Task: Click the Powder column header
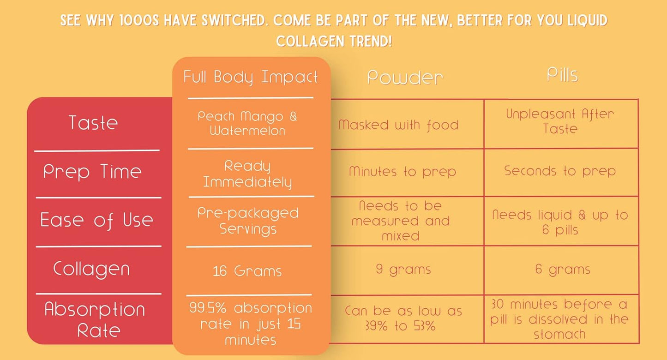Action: click(405, 78)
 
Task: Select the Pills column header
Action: click(562, 75)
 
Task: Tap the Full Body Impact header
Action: click(251, 77)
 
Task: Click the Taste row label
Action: click(93, 123)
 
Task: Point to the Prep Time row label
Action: click(92, 172)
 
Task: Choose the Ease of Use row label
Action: click(96, 220)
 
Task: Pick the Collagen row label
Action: click(91, 269)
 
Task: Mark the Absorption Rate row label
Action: click(94, 319)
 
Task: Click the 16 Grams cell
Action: click(247, 271)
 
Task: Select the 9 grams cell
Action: click(403, 270)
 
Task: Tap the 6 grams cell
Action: click(563, 270)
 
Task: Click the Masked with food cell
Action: click(398, 125)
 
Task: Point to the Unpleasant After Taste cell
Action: click(560, 121)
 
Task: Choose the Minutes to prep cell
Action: click(402, 172)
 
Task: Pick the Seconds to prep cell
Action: click(560, 171)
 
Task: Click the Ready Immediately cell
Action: click(248, 174)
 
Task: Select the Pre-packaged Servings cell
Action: click(248, 221)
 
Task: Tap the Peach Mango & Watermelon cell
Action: click(247, 123)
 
